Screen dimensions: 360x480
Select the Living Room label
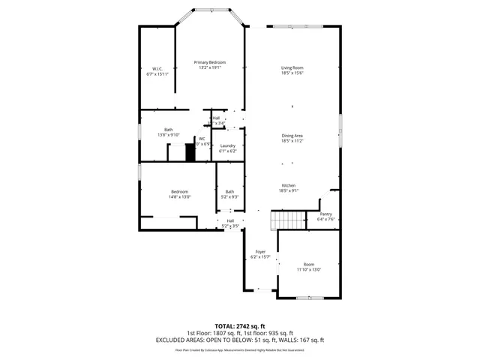pos(292,67)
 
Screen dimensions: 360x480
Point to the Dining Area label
pos(292,135)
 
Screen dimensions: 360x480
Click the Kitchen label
pos(289,185)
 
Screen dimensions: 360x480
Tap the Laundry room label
pos(227,145)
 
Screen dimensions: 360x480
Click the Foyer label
pos(260,251)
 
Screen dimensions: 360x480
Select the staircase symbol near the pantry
pos(288,220)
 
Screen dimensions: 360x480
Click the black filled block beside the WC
pos(190,152)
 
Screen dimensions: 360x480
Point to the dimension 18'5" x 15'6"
pos(292,73)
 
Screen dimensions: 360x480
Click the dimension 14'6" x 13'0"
pos(179,196)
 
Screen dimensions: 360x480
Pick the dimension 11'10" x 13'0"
pos(309,269)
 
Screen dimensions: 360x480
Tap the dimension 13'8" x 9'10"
pos(169,134)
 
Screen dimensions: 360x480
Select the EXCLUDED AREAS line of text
pos(239,340)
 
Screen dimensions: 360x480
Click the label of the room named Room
pos(309,264)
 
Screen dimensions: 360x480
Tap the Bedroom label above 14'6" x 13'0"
pos(179,191)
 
